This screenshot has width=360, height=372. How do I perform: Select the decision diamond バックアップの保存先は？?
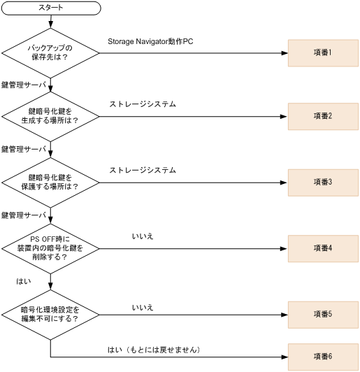[50, 52]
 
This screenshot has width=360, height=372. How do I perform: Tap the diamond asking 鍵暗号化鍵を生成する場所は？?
[50, 115]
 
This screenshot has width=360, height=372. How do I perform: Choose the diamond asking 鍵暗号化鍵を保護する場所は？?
[50, 182]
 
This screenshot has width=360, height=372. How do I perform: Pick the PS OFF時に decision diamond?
[50, 248]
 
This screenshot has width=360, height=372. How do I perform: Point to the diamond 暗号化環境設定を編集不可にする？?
[50, 314]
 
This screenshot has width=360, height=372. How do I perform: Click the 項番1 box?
[323, 52]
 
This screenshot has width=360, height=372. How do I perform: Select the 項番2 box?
[323, 115]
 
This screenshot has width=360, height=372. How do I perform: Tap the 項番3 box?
[323, 182]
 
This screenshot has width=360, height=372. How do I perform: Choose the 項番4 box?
[323, 248]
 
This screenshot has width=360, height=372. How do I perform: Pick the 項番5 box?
[323, 314]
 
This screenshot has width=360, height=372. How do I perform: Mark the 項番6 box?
[323, 357]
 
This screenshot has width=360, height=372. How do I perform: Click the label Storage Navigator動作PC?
[150, 42]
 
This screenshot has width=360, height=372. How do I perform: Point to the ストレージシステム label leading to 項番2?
[143, 104]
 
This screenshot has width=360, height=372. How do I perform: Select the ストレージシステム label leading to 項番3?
[143, 170]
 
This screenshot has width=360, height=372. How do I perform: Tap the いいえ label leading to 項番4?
[143, 236]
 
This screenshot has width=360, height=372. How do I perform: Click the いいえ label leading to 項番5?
[143, 307]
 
